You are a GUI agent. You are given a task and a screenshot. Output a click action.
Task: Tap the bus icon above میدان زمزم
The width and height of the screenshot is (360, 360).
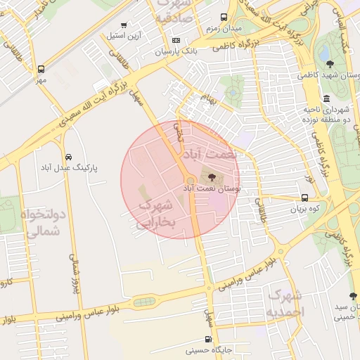(224, 17)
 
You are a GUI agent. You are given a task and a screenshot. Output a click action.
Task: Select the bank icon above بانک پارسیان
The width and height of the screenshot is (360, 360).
(176, 40)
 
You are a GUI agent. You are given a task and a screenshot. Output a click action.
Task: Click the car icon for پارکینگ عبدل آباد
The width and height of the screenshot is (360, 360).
(68, 157)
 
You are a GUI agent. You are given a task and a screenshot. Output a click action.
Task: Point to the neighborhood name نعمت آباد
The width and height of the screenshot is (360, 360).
(210, 154)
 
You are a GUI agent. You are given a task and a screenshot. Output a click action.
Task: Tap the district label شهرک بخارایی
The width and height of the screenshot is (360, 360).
(157, 214)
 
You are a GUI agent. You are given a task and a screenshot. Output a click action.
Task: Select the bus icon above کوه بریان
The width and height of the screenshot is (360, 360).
(304, 198)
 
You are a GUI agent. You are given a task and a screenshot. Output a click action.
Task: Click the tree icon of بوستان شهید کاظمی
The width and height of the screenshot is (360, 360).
(330, 65)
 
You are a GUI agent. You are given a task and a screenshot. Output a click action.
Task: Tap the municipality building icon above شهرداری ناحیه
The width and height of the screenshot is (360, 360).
(326, 98)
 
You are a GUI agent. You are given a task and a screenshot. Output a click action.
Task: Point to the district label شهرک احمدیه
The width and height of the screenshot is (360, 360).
(284, 302)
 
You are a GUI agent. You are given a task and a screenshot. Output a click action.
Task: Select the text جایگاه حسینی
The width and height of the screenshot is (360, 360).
(209, 349)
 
